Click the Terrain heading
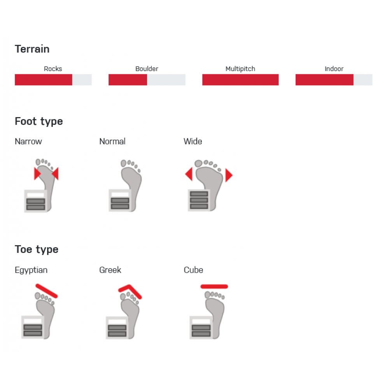[x=32, y=49]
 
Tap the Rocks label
[x=53, y=69]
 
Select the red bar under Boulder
[x=128, y=80]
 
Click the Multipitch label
[x=240, y=69]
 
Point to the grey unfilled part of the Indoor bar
[x=363, y=80]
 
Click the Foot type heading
[x=39, y=121]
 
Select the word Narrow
[x=28, y=142]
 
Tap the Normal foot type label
[x=112, y=142]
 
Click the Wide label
[x=193, y=142]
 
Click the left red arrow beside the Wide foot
[x=189, y=174]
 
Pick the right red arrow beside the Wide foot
[x=228, y=175]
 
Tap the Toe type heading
[x=37, y=250]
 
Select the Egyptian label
[x=31, y=270]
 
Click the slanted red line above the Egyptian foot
[x=47, y=291]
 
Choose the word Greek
[x=110, y=270]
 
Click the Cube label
[x=193, y=270]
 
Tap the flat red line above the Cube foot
[x=214, y=287]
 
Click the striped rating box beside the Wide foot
[x=199, y=200]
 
